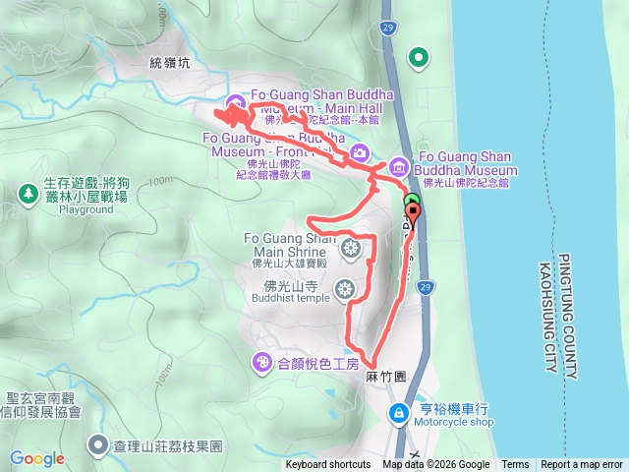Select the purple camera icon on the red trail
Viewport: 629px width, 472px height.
click(361, 151)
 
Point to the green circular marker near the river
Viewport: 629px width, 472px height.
click(420, 58)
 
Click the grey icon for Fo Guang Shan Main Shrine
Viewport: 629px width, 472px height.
click(348, 250)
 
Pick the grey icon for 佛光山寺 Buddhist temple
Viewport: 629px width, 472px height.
click(344, 289)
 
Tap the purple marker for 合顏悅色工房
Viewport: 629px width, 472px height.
click(262, 363)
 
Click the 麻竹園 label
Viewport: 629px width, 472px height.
click(385, 377)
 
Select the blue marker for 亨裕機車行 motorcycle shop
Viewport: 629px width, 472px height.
click(399, 413)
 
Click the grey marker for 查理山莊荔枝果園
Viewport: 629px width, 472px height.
click(98, 445)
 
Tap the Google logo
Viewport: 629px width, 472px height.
click(36, 458)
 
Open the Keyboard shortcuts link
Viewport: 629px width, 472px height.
click(328, 465)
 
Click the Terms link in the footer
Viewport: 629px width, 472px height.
click(515, 465)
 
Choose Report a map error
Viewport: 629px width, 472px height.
click(582, 465)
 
